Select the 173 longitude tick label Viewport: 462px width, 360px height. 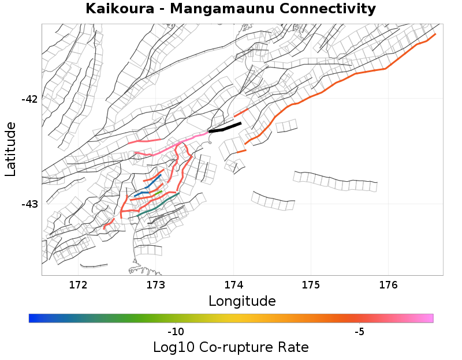(155, 284)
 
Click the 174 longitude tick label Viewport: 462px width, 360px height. (233, 284)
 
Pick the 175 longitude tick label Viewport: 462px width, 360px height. (311, 284)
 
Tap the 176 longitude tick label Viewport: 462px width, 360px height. (388, 284)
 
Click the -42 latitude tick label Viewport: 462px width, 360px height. (29, 99)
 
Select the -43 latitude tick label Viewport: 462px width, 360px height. (29, 204)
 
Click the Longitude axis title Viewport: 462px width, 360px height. (242, 301)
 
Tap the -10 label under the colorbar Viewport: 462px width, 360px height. (176, 332)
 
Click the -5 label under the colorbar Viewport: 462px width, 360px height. (359, 332)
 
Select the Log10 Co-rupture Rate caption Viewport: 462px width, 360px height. (230, 347)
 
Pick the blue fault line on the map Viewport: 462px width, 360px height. (151, 183)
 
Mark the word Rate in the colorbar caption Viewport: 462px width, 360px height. (293, 347)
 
